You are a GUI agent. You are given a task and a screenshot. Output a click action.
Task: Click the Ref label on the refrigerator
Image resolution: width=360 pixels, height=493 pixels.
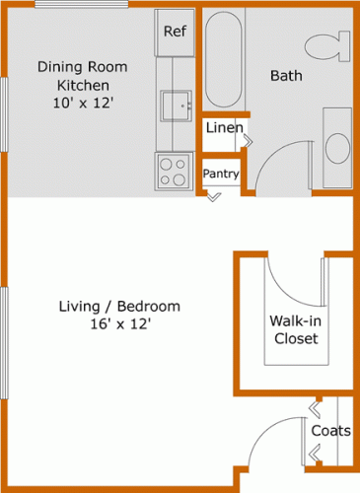(175, 32)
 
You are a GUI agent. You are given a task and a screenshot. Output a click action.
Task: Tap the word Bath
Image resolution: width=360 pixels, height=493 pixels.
(286, 75)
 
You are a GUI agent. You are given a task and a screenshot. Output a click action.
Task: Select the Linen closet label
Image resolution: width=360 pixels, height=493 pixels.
(222, 128)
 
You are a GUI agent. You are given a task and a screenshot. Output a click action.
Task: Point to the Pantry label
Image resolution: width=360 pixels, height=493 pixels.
(222, 174)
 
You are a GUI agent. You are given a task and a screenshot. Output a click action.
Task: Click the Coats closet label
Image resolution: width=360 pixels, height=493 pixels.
(330, 431)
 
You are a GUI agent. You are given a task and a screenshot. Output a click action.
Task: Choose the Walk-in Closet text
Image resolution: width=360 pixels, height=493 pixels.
(293, 329)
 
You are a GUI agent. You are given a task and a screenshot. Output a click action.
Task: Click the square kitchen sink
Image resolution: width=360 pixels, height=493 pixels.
(178, 105)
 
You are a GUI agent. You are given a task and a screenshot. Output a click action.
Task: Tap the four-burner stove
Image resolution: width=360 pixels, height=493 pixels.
(175, 173)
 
